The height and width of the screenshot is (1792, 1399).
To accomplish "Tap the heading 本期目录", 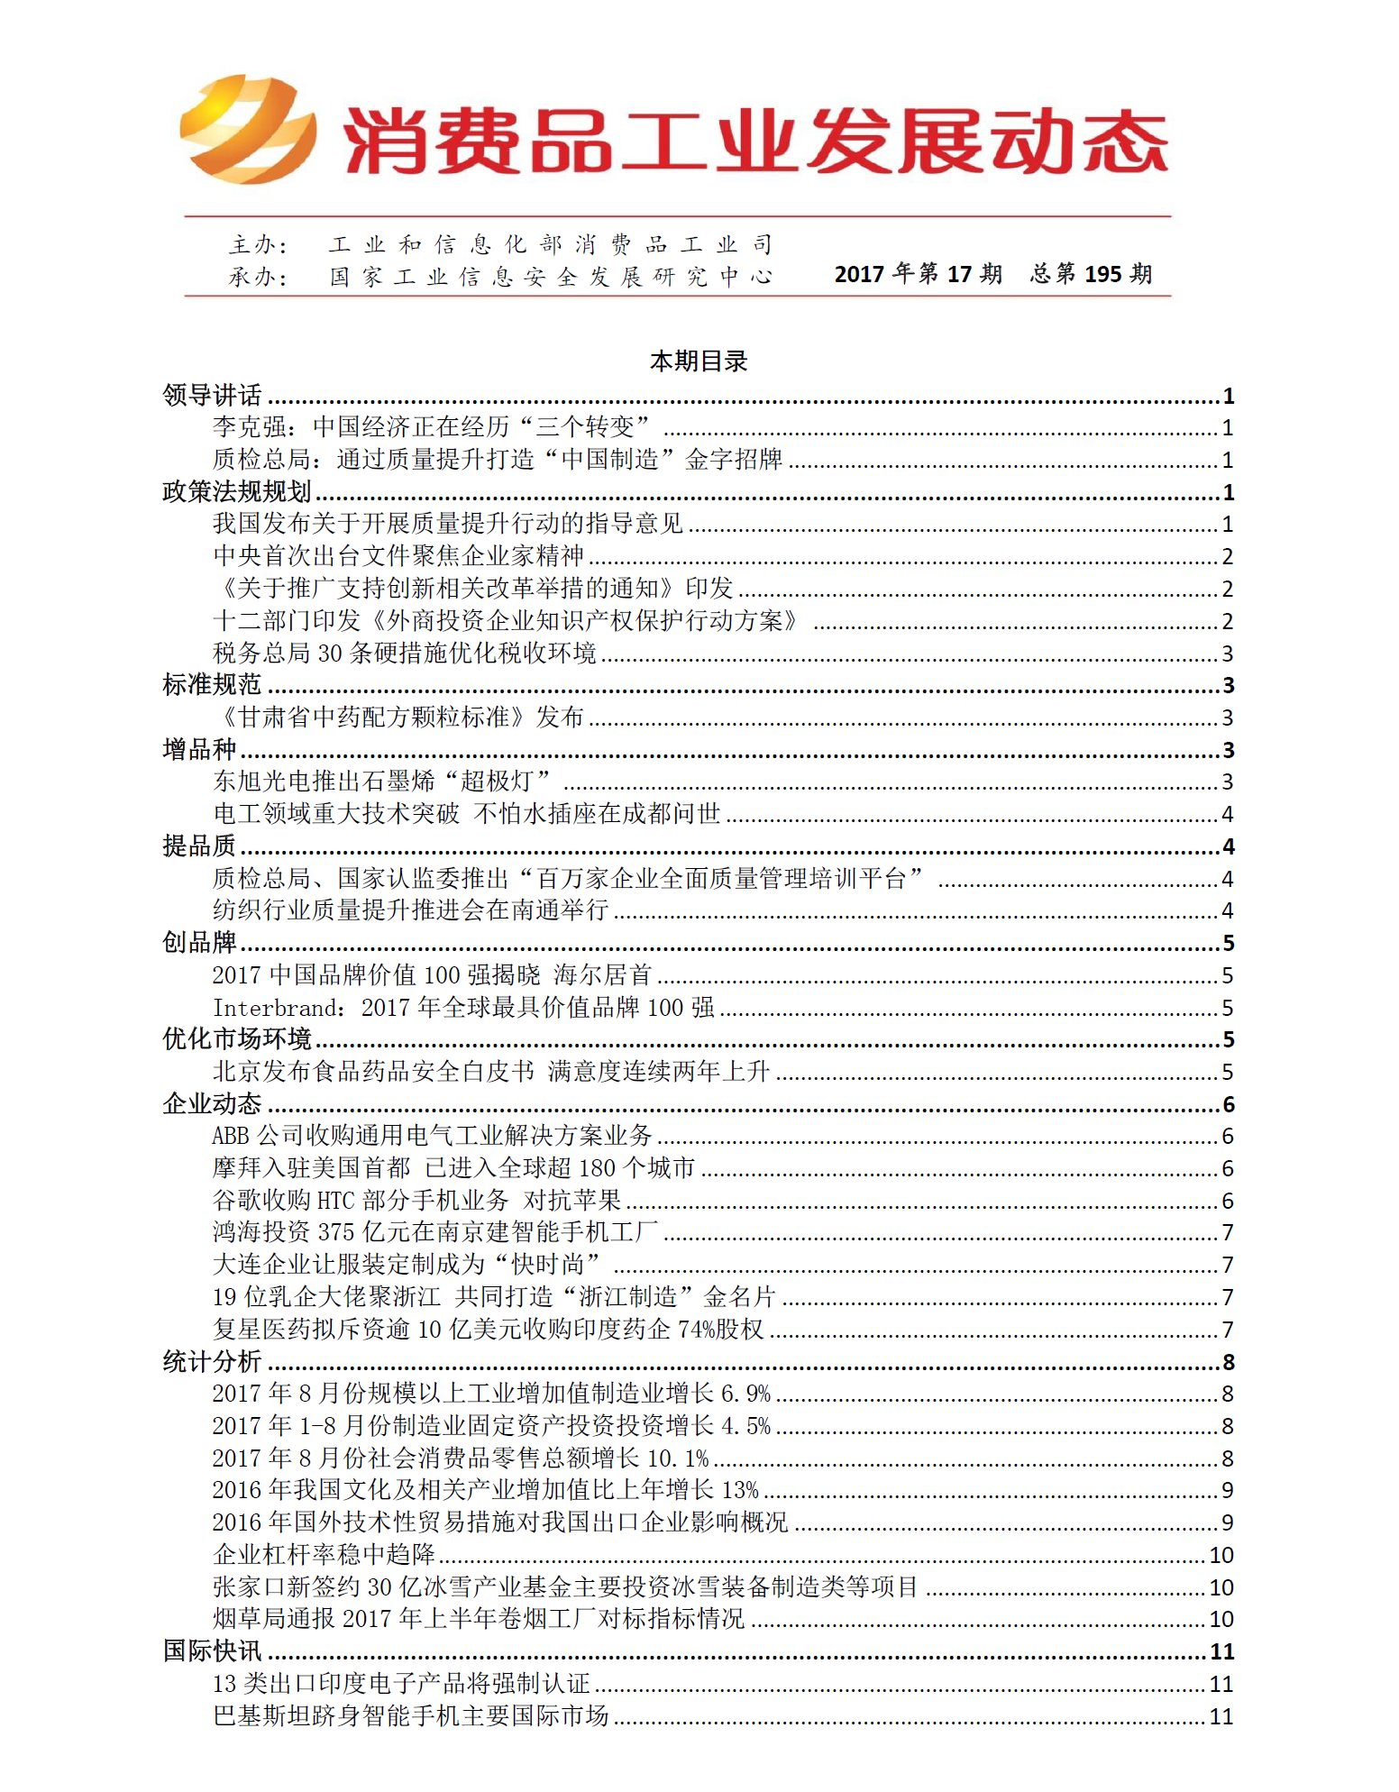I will click(x=699, y=361).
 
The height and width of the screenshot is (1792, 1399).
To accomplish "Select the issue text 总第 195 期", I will click(x=1091, y=274).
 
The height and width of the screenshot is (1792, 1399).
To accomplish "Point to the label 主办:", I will click(x=258, y=244).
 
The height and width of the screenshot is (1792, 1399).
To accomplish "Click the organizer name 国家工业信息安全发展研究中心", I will click(x=550, y=277).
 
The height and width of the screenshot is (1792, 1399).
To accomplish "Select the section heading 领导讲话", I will click(x=213, y=395).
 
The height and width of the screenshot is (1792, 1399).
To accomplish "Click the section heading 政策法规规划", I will click(x=237, y=491).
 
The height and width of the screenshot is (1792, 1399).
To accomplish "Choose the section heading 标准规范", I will click(x=213, y=685).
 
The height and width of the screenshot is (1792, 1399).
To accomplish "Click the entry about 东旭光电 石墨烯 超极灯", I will click(x=382, y=782).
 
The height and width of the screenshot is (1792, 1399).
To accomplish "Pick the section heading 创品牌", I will click(x=199, y=943).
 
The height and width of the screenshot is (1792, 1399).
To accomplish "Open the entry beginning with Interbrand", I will click(x=463, y=1008).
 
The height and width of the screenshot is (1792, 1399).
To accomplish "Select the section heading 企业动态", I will click(x=213, y=1104).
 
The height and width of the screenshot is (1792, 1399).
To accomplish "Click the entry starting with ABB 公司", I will click(x=432, y=1136).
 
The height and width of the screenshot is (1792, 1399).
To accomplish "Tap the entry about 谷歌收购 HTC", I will click(x=416, y=1201).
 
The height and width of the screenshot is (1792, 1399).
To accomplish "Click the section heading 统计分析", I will click(x=213, y=1361).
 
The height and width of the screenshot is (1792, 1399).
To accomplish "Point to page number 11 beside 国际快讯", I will click(x=1221, y=1651).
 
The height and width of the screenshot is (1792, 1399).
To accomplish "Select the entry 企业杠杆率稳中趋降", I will click(x=324, y=1555).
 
